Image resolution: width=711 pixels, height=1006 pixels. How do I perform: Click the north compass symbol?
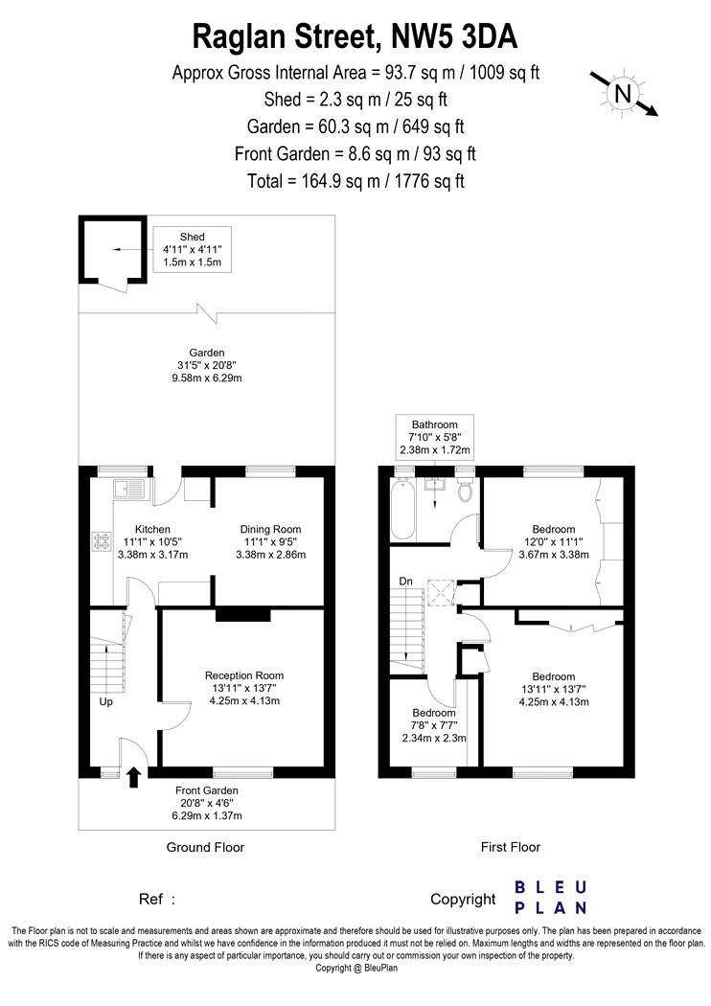point(624,94)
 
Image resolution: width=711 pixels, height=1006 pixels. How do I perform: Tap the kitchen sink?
point(130,490)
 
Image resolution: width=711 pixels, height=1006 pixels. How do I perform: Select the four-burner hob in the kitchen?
point(102,541)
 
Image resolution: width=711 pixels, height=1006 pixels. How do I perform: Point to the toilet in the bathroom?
point(466,489)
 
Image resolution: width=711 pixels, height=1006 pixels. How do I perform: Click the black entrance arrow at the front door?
point(133,777)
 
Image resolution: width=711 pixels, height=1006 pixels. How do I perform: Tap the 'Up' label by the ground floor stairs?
point(105,702)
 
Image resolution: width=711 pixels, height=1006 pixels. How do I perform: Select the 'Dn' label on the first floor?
point(405,582)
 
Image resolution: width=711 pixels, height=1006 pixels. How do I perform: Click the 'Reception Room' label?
point(243,675)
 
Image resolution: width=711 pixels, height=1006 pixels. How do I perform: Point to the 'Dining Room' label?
point(270,529)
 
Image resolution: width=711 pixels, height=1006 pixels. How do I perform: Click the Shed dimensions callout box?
point(192,249)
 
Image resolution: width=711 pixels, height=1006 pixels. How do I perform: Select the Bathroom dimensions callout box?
point(434,437)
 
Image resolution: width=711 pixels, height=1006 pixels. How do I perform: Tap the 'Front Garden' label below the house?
point(207,790)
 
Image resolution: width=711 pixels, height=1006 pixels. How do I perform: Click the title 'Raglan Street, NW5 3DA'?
point(355,36)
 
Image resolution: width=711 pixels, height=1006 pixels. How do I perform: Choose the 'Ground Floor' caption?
point(205,847)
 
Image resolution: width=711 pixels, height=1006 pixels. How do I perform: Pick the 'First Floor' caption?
point(510,847)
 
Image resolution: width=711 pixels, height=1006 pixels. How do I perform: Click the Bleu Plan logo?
point(551,898)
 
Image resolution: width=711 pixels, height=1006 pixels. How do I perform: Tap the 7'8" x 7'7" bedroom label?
point(434,725)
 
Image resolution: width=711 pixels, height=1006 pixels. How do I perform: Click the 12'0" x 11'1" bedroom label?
point(553,541)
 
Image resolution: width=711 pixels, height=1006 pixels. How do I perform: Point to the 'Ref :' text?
point(156,900)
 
